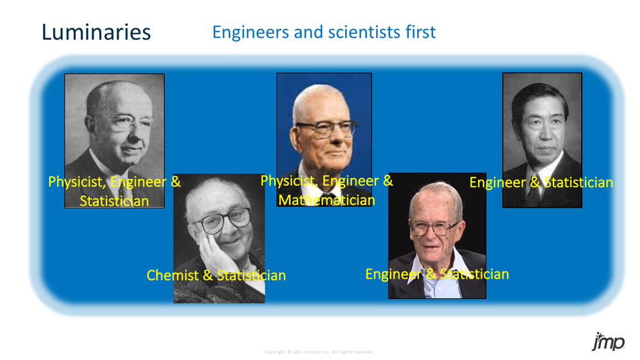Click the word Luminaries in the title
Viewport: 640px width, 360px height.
click(x=96, y=32)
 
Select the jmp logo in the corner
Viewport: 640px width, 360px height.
click(x=607, y=342)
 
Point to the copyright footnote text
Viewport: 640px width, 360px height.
click(x=319, y=352)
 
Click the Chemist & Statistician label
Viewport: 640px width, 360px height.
click(x=216, y=275)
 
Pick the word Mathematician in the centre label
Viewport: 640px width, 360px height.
click(x=326, y=200)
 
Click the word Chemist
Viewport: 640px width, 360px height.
click(x=172, y=275)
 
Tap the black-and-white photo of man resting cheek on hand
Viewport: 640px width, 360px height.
click(x=219, y=237)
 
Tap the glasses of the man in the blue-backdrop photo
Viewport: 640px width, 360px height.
click(x=325, y=128)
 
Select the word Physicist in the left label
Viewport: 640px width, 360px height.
click(x=76, y=182)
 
